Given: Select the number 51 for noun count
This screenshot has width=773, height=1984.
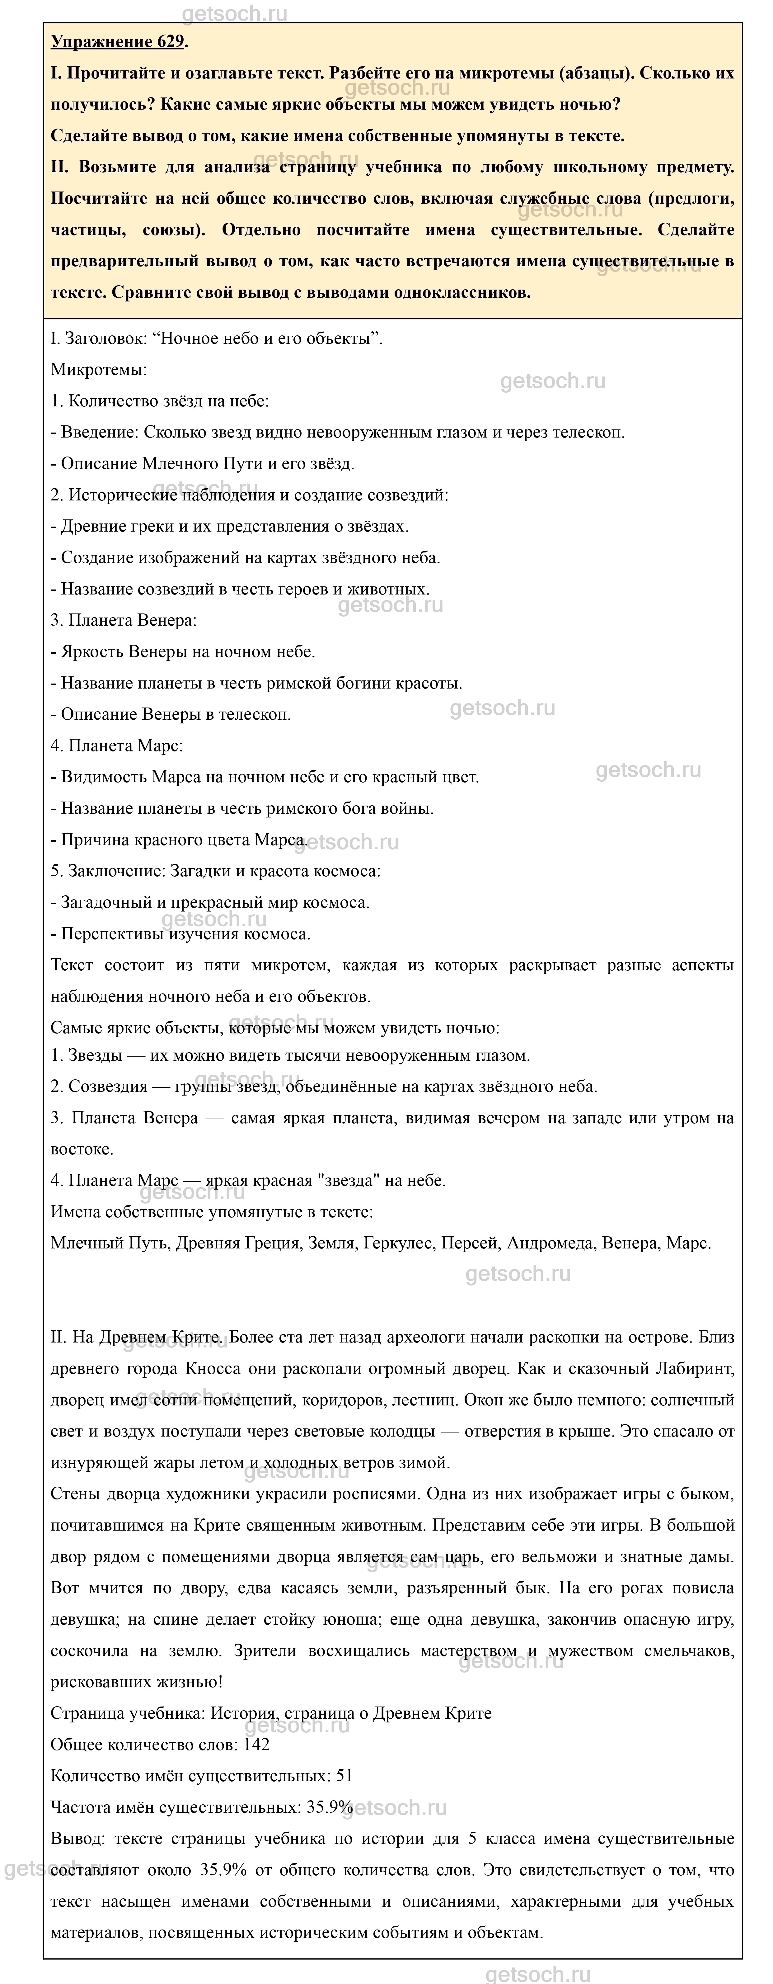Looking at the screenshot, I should [x=344, y=1776].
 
